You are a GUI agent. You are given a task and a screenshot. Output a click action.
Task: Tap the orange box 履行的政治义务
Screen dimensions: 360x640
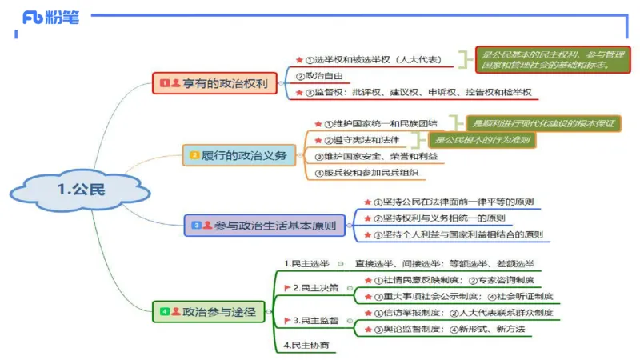[x=238, y=155]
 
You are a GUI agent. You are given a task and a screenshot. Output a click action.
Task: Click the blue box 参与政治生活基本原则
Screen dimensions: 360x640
[x=265, y=226]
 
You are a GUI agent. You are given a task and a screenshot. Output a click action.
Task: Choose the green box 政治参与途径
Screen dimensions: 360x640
[x=209, y=311]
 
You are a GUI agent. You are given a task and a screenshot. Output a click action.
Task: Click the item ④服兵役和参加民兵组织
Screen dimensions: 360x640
[x=366, y=172]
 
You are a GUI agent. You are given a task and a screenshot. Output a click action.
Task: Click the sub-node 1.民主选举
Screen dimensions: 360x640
[x=308, y=262]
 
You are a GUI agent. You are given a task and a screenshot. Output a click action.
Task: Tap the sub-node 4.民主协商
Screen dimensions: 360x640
[x=306, y=345]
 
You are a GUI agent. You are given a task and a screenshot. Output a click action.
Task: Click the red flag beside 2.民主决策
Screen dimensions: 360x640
[x=286, y=287]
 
